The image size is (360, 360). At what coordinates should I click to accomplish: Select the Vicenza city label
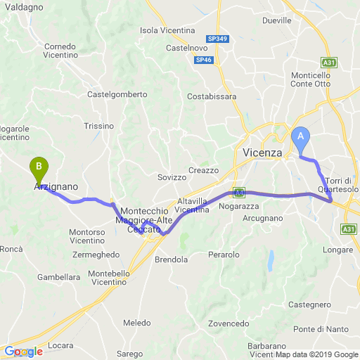coord(262,153)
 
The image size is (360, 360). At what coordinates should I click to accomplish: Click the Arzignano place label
coord(56,188)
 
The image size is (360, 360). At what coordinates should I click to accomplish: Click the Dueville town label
coord(276,20)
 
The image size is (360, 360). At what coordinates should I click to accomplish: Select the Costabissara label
coord(212,96)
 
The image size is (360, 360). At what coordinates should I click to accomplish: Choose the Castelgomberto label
coord(117,94)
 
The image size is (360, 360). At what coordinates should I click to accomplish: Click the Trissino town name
coord(98,126)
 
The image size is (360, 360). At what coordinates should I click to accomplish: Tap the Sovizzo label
coord(172,177)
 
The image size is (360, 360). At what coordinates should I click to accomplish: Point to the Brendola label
coord(172,259)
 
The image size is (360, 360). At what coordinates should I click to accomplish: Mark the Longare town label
coord(337,250)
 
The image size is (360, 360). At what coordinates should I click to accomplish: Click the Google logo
coord(23,352)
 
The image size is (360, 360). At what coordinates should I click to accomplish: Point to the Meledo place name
coord(137,323)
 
